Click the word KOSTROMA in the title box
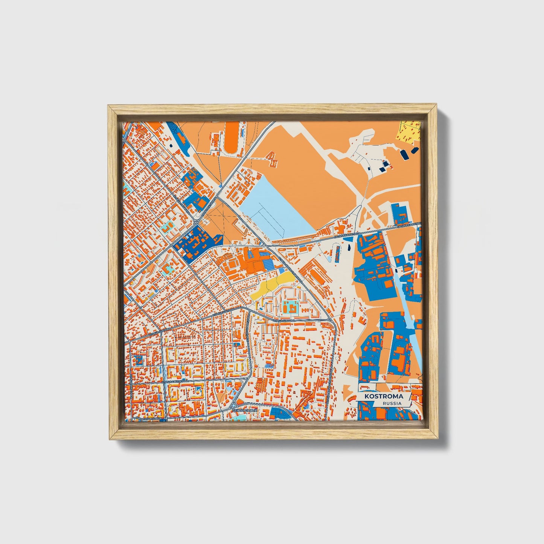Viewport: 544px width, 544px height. point(383,396)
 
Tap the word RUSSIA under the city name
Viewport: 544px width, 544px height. point(392,403)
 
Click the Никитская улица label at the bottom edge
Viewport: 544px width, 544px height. point(148,418)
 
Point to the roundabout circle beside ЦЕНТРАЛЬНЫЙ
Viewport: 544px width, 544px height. point(234,406)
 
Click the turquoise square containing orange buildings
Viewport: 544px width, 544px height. point(290,308)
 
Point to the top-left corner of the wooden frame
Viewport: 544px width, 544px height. point(109,107)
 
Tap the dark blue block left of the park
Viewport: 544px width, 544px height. point(196,243)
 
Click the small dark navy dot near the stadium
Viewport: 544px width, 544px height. point(170,145)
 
